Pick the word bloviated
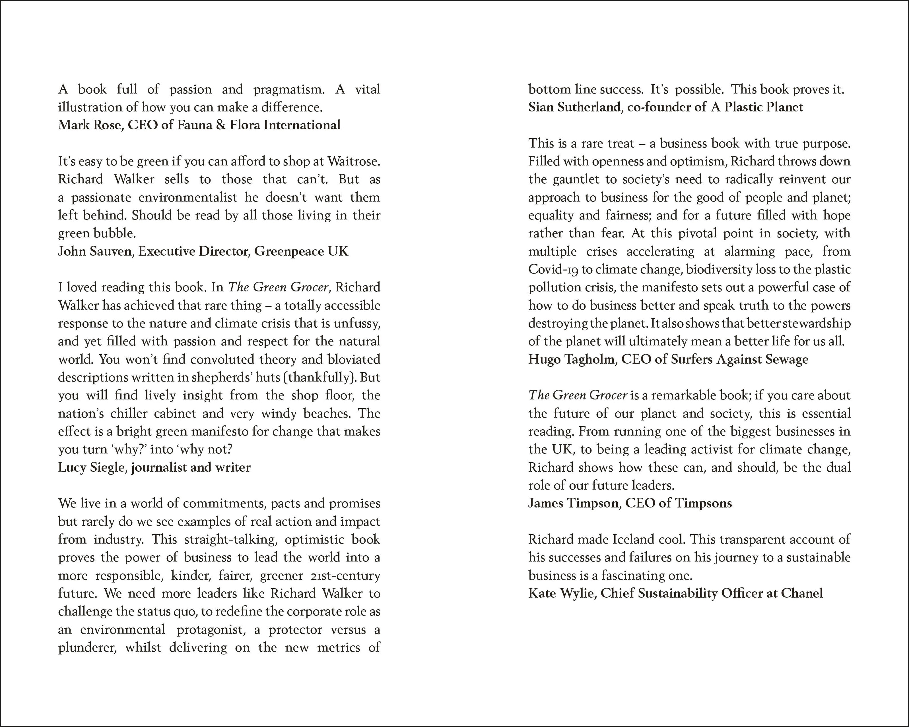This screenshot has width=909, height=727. (354, 359)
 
